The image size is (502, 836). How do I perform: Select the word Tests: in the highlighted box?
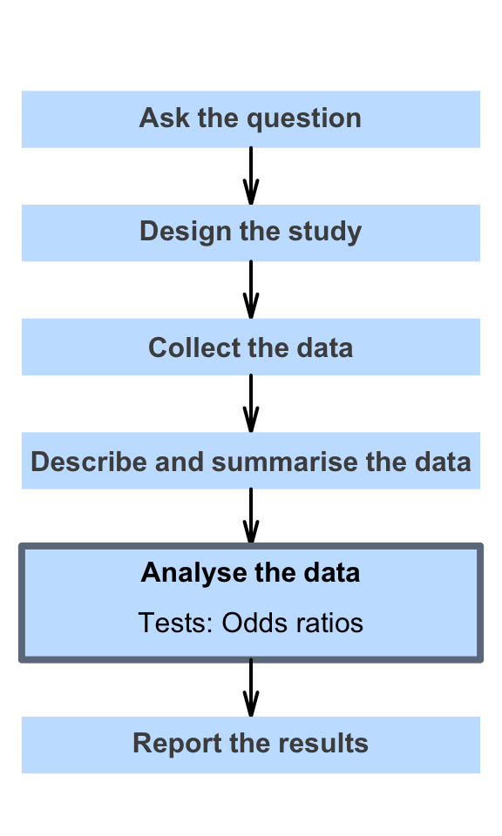(176, 622)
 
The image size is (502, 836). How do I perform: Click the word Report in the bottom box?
(177, 744)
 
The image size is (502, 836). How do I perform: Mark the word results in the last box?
(323, 743)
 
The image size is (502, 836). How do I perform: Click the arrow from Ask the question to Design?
(251, 176)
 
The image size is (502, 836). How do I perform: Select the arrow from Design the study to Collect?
(251, 289)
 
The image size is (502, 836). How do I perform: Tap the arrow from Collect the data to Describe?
(251, 403)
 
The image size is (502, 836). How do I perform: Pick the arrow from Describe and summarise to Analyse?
(251, 516)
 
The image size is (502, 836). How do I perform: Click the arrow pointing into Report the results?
(251, 688)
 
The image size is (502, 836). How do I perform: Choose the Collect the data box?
(251, 347)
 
